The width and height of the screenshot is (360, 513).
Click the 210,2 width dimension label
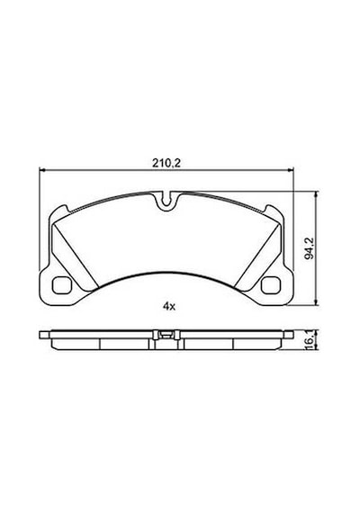click(x=166, y=163)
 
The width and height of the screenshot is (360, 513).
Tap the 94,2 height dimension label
click(x=309, y=247)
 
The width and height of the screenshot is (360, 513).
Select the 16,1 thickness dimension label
click(x=310, y=340)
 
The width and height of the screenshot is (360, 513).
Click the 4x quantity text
click(x=169, y=306)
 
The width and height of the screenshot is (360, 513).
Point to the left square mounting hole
click(x=61, y=285)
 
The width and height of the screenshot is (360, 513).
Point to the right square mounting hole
click(x=271, y=285)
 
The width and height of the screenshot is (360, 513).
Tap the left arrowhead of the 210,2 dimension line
click(x=42, y=169)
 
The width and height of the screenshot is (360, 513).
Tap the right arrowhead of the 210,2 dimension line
click(x=291, y=169)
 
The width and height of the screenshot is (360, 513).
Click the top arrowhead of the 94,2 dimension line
click(x=316, y=194)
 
